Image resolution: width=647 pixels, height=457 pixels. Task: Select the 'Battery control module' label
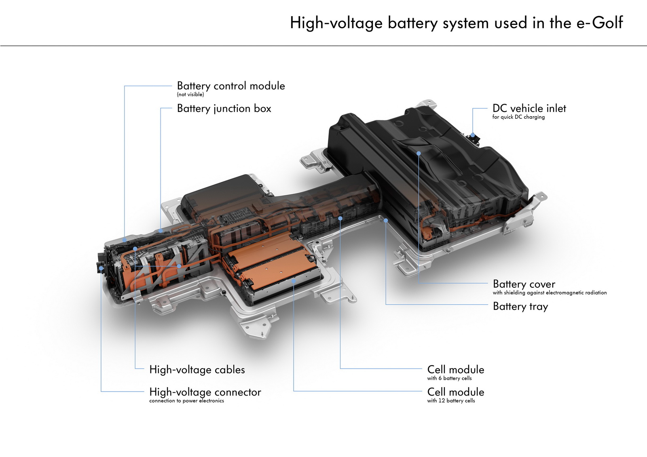pyautogui.click(x=230, y=86)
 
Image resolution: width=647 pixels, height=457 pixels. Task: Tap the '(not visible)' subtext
pyautogui.click(x=190, y=95)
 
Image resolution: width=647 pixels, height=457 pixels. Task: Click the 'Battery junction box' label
pyautogui.click(x=224, y=109)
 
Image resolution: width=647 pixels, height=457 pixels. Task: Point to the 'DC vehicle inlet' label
pyautogui.click(x=529, y=109)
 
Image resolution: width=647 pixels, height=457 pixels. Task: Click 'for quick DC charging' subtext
pyautogui.click(x=518, y=117)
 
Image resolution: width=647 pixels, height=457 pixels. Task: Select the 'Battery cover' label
pyautogui.click(x=524, y=284)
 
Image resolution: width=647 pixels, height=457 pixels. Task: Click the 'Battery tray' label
pyautogui.click(x=520, y=306)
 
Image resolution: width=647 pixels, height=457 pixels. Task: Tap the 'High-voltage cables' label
pyautogui.click(x=197, y=370)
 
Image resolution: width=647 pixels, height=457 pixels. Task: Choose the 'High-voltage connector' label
pyautogui.click(x=205, y=392)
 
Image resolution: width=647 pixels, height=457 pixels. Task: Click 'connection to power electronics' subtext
pyautogui.click(x=186, y=401)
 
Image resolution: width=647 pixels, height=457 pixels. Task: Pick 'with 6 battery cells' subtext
pyautogui.click(x=449, y=378)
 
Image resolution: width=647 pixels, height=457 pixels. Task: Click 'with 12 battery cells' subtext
pyautogui.click(x=451, y=401)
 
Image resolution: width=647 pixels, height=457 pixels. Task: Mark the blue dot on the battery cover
pyautogui.click(x=419, y=154)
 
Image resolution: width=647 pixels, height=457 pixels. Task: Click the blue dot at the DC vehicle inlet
pyautogui.click(x=472, y=135)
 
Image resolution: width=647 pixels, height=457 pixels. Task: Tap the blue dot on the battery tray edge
pyautogui.click(x=386, y=221)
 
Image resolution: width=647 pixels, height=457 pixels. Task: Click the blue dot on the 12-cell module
pyautogui.click(x=294, y=280)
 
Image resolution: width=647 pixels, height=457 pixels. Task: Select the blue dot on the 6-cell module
pyautogui.click(x=340, y=218)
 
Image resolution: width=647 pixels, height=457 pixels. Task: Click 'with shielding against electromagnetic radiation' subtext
pyautogui.click(x=549, y=293)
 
